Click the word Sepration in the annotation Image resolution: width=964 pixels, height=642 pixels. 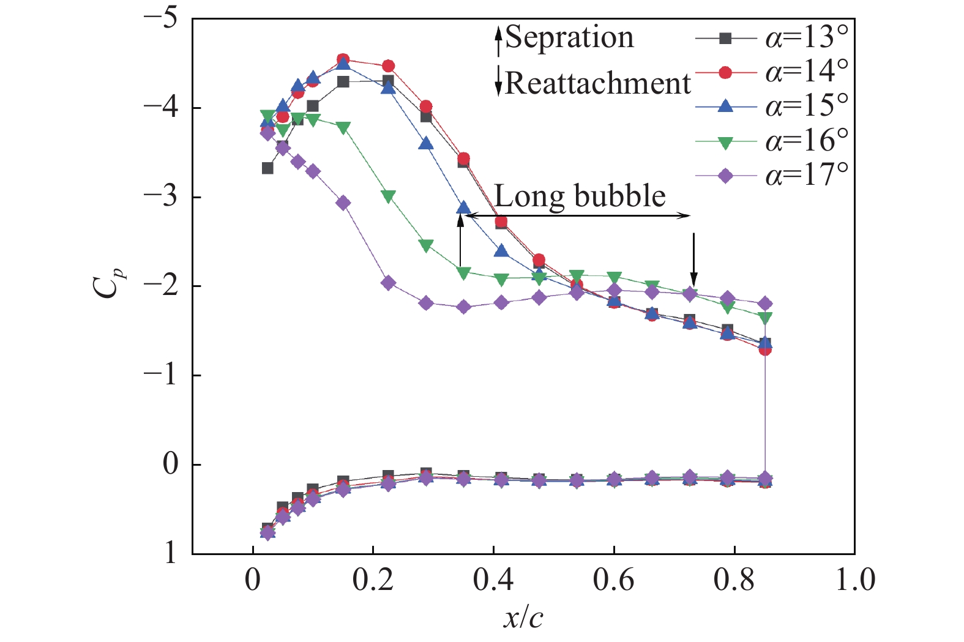coord(569,38)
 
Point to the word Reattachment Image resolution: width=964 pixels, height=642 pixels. coord(598,83)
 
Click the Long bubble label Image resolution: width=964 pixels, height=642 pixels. coord(580,196)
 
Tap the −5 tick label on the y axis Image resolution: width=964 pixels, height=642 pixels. coord(160,18)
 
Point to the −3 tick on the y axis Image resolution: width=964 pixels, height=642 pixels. coord(160,197)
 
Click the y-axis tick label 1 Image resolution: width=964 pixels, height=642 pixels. coord(170,553)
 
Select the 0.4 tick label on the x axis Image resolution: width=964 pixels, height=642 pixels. coord(493,580)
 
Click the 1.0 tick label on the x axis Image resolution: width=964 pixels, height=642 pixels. coord(855,580)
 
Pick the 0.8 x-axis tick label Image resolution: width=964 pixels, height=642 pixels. coord(734,580)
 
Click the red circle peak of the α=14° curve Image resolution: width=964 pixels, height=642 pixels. coord(343,60)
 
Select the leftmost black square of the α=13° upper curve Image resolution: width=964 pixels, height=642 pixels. coord(267,168)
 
